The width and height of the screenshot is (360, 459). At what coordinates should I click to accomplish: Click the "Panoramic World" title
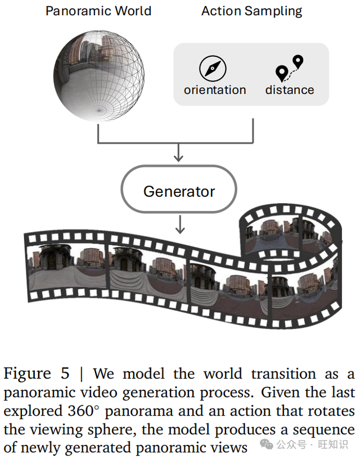[99, 11]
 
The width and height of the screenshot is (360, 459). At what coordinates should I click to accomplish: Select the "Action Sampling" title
[251, 11]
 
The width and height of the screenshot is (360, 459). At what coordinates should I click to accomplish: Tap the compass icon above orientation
[213, 69]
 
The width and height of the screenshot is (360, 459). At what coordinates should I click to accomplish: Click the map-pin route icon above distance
[289, 69]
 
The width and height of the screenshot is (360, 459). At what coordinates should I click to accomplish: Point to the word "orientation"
[215, 90]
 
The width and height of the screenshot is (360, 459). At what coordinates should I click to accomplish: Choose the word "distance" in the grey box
[290, 90]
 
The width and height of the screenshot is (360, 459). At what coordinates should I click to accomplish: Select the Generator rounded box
[179, 191]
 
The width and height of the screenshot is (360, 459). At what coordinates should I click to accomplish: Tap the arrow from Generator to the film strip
[179, 225]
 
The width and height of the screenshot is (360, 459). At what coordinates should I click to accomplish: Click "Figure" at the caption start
[28, 374]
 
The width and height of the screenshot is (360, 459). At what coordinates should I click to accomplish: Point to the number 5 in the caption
[66, 374]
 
